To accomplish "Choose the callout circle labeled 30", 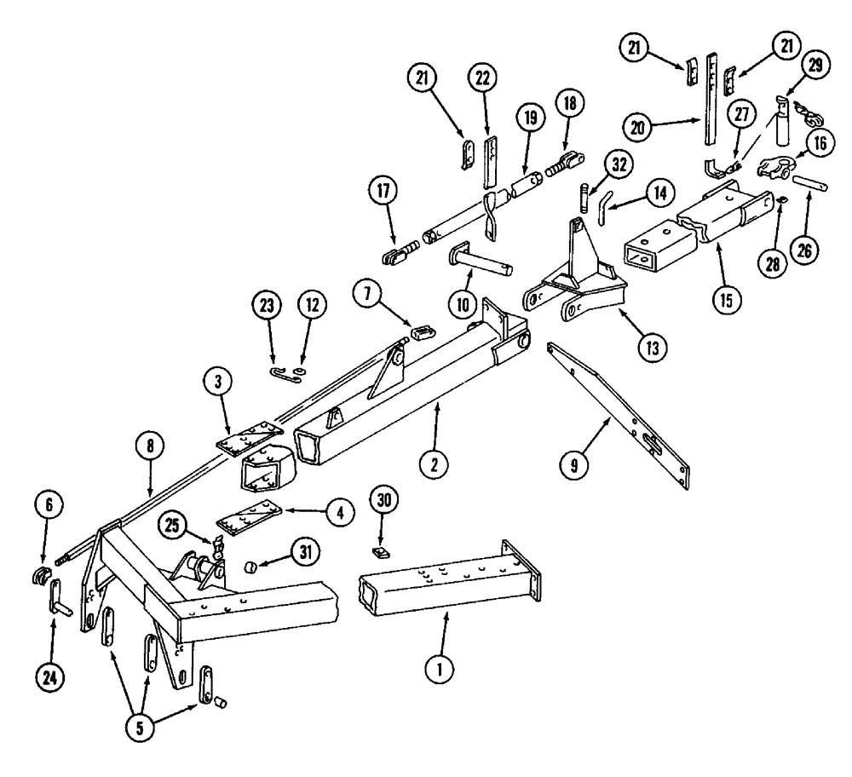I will pyautogui.click(x=383, y=499).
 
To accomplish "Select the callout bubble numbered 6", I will pyautogui.click(x=49, y=506).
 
